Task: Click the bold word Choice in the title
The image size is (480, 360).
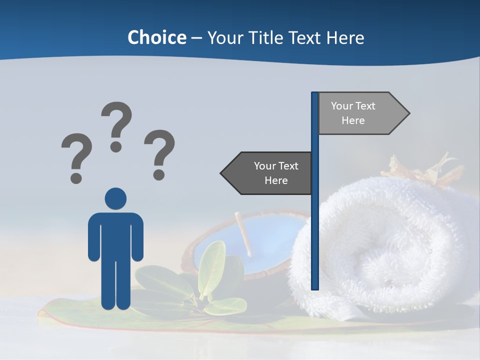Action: point(156,37)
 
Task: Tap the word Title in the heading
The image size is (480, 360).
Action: point(262,38)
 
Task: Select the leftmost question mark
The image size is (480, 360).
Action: point(76,156)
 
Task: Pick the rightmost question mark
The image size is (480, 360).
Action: point(159,153)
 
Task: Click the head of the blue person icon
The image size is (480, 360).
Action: point(115,198)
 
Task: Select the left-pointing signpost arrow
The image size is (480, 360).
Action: point(267,173)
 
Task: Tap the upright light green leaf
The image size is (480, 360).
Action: point(212,267)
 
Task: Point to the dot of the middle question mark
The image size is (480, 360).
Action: point(116,146)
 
